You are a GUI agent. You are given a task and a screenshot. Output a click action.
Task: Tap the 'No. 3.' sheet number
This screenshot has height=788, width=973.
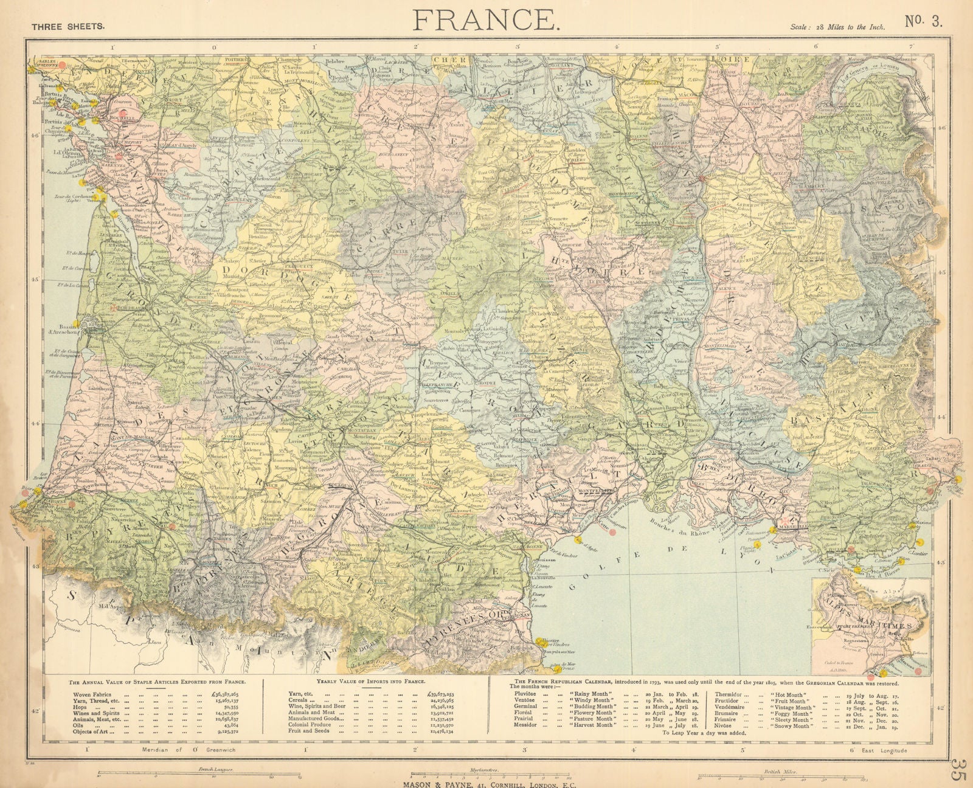[924, 22]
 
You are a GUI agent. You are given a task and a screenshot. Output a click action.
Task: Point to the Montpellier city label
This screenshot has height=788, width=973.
[589, 489]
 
